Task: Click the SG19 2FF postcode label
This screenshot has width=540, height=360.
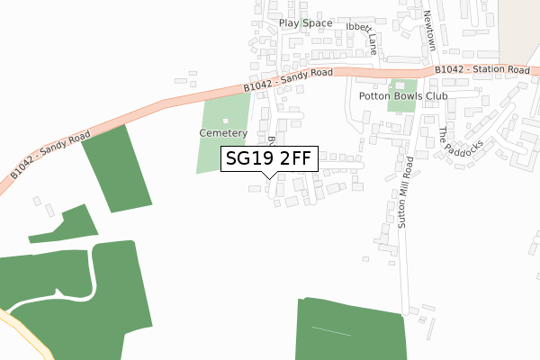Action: [267, 159]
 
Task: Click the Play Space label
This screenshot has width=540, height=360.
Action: [305, 23]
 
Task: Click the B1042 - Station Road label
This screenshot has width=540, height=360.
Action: [481, 69]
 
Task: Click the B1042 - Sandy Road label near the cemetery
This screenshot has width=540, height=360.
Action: [288, 79]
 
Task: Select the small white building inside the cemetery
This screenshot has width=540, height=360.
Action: [225, 121]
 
